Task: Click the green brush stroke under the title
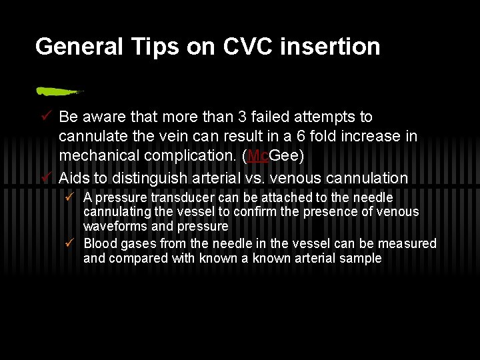click(x=59, y=91)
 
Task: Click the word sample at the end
click(x=360, y=258)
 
